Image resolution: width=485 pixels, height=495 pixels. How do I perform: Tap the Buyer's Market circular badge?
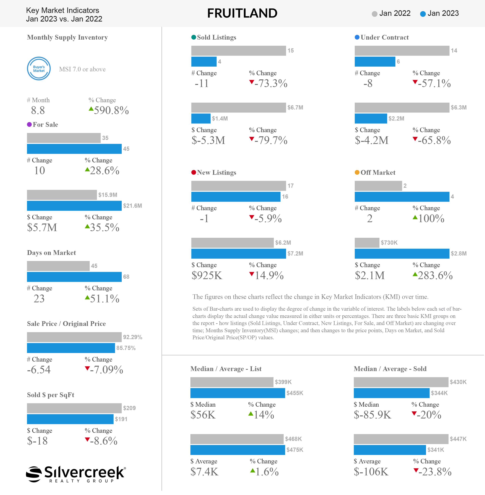pos(39,69)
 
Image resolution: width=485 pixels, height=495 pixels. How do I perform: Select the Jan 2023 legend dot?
pos(423,14)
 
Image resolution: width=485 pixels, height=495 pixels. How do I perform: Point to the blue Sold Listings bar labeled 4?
pos(204,62)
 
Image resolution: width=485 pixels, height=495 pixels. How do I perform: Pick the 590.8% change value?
pos(111,110)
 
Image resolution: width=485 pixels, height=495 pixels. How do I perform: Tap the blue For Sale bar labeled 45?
pos(74,149)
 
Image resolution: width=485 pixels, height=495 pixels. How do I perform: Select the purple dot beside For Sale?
pos(29,125)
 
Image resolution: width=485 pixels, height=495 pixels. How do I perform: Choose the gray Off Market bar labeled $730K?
pos(367,243)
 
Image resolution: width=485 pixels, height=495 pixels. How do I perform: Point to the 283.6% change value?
pos(435,275)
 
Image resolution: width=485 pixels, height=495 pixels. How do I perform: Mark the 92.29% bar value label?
pos(132,337)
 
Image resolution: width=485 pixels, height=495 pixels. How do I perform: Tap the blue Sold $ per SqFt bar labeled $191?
pos(70,419)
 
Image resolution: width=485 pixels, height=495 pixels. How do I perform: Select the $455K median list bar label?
pos(295,393)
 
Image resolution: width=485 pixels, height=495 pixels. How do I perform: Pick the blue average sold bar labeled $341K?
pos(390,450)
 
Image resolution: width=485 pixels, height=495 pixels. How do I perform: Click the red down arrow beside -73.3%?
pos(251,82)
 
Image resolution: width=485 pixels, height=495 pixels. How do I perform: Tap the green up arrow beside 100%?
pos(415,217)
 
